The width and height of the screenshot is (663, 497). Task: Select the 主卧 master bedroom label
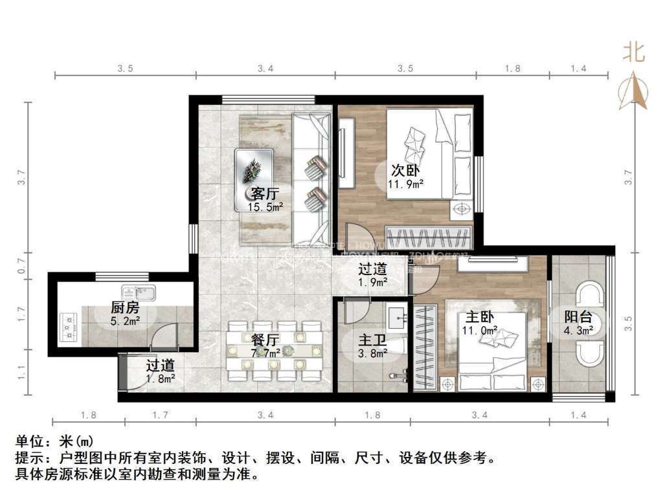tap(480, 318)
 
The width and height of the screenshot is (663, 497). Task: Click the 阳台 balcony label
tap(578, 318)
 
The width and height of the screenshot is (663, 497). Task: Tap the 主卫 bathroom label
tap(372, 339)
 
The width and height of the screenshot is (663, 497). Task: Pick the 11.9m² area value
tap(406, 184)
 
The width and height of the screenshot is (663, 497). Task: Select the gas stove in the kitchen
tap(68, 327)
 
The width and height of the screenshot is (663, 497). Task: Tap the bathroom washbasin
tap(396, 316)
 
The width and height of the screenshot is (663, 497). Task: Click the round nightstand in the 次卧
tap(462, 209)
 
